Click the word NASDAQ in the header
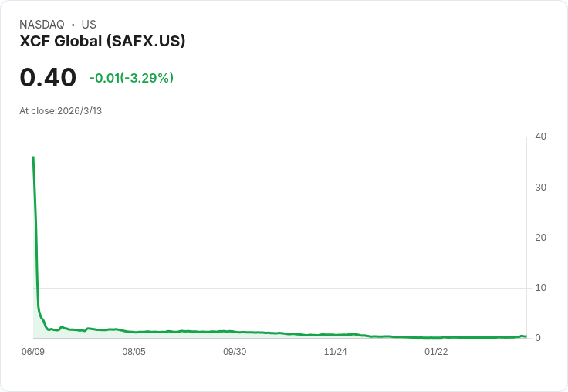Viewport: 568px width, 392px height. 42,25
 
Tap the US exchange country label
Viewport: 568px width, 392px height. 89,25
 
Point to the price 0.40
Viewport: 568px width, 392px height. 48,78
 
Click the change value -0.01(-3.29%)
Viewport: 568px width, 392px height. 131,78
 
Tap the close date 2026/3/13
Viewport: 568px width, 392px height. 79,111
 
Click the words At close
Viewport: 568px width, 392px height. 37,111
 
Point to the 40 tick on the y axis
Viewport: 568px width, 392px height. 540,137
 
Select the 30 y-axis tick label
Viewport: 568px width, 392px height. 540,188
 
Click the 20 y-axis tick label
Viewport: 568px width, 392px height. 540,238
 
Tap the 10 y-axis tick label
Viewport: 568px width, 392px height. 540,288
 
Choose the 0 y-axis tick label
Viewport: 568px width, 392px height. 538,338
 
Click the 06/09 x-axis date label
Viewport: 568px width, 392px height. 33,352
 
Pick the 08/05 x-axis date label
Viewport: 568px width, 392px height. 134,352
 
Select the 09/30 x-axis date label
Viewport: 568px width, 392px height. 235,352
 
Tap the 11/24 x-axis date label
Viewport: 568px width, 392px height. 335,352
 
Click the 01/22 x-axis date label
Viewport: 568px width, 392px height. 436,352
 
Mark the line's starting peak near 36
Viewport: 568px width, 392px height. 33,157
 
